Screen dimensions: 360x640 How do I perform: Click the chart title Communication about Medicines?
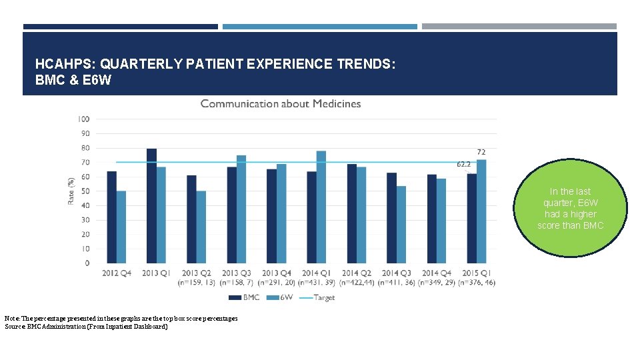point(281,104)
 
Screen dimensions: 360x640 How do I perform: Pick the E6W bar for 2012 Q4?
point(121,227)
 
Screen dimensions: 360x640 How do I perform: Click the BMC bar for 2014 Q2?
point(351,213)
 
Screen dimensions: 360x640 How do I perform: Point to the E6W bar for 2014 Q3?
point(401,224)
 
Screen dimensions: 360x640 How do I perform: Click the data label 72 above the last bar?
point(481,153)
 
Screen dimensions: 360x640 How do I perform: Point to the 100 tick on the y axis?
point(83,119)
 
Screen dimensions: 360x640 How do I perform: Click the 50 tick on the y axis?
point(85,191)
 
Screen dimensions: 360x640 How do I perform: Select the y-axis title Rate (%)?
point(71,191)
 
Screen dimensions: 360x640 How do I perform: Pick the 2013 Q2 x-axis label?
point(196,273)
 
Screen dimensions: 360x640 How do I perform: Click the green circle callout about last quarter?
point(570,208)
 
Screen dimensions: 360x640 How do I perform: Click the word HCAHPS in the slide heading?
point(64,64)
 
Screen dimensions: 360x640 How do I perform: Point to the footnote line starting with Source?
point(86,327)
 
